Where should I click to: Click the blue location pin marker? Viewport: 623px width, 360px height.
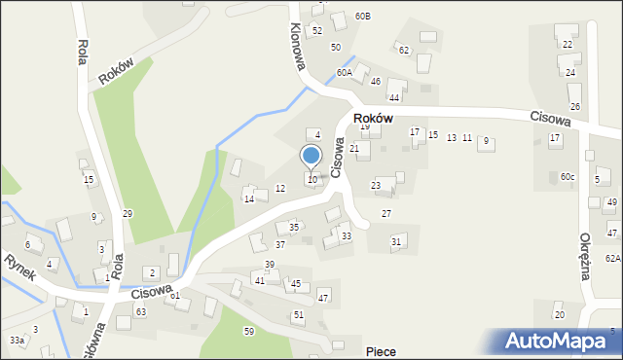311,156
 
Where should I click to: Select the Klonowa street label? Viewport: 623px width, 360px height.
298,46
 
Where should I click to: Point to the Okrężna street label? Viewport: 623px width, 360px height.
586,256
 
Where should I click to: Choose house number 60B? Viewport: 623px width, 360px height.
363,17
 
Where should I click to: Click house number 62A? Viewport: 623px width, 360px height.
612,258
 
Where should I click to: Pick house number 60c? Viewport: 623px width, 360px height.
568,176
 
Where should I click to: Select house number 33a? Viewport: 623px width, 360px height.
17,341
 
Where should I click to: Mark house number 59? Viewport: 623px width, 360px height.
249,332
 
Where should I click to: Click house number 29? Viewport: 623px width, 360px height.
128,213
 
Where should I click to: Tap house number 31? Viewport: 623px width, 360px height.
396,241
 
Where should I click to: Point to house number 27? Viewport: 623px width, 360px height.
386,213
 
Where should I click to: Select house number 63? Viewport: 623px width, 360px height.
141,311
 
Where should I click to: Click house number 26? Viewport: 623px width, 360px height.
575,106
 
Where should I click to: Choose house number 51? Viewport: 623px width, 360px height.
299,315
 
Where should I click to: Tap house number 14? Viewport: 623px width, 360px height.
249,199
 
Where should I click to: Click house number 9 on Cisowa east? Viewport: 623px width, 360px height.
486,142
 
